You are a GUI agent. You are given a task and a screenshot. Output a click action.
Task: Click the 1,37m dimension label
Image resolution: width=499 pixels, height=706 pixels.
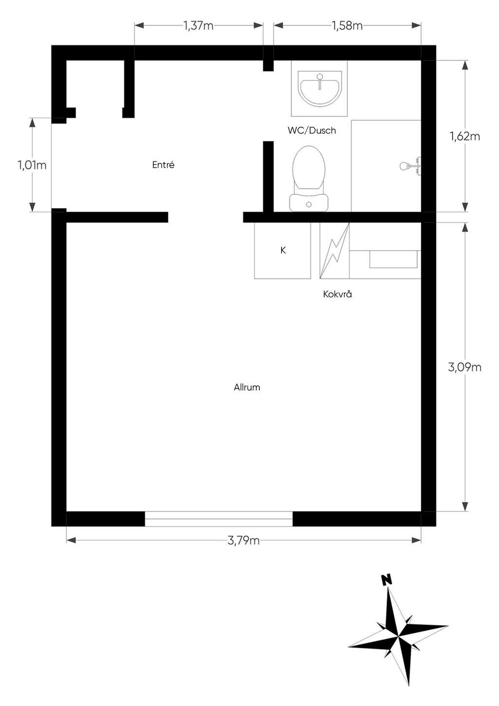click(x=198, y=25)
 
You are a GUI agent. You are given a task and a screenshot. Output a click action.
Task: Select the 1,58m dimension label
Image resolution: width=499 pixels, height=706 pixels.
click(x=347, y=25)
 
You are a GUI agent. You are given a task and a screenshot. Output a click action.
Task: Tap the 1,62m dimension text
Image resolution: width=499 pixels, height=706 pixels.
click(x=465, y=137)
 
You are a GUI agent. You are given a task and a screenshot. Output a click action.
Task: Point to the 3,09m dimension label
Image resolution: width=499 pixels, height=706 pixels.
click(x=465, y=367)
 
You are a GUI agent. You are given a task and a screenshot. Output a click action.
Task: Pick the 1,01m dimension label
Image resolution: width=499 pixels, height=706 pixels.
click(x=32, y=165)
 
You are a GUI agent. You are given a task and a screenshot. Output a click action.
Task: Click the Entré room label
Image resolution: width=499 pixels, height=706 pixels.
click(x=163, y=164)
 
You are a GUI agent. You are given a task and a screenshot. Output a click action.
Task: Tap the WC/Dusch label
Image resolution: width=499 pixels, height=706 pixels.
click(x=311, y=130)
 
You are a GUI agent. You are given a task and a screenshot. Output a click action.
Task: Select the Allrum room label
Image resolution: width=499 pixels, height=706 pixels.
click(x=247, y=387)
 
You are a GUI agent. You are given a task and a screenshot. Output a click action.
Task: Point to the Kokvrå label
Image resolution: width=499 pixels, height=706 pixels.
click(x=337, y=294)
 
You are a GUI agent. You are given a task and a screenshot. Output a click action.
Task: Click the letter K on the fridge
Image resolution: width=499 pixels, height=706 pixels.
click(x=283, y=250)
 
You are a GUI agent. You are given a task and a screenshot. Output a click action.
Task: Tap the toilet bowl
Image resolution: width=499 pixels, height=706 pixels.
click(x=309, y=167)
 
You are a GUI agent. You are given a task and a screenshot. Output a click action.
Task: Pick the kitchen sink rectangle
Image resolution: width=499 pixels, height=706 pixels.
click(x=393, y=259)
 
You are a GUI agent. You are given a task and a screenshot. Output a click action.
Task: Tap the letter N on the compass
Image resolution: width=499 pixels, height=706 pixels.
click(x=386, y=580)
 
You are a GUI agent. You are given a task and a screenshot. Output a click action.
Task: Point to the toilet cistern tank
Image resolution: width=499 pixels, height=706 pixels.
click(x=309, y=202)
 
